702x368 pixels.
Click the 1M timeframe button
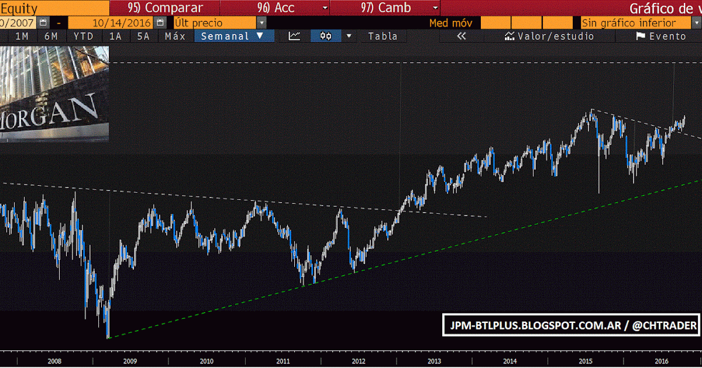(x=22, y=36)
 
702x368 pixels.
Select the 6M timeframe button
(x=51, y=36)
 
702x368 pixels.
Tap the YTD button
(x=84, y=36)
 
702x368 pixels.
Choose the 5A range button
(x=143, y=36)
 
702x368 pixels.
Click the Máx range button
(x=175, y=36)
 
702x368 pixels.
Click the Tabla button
(x=383, y=36)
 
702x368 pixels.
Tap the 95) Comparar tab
(x=165, y=8)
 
